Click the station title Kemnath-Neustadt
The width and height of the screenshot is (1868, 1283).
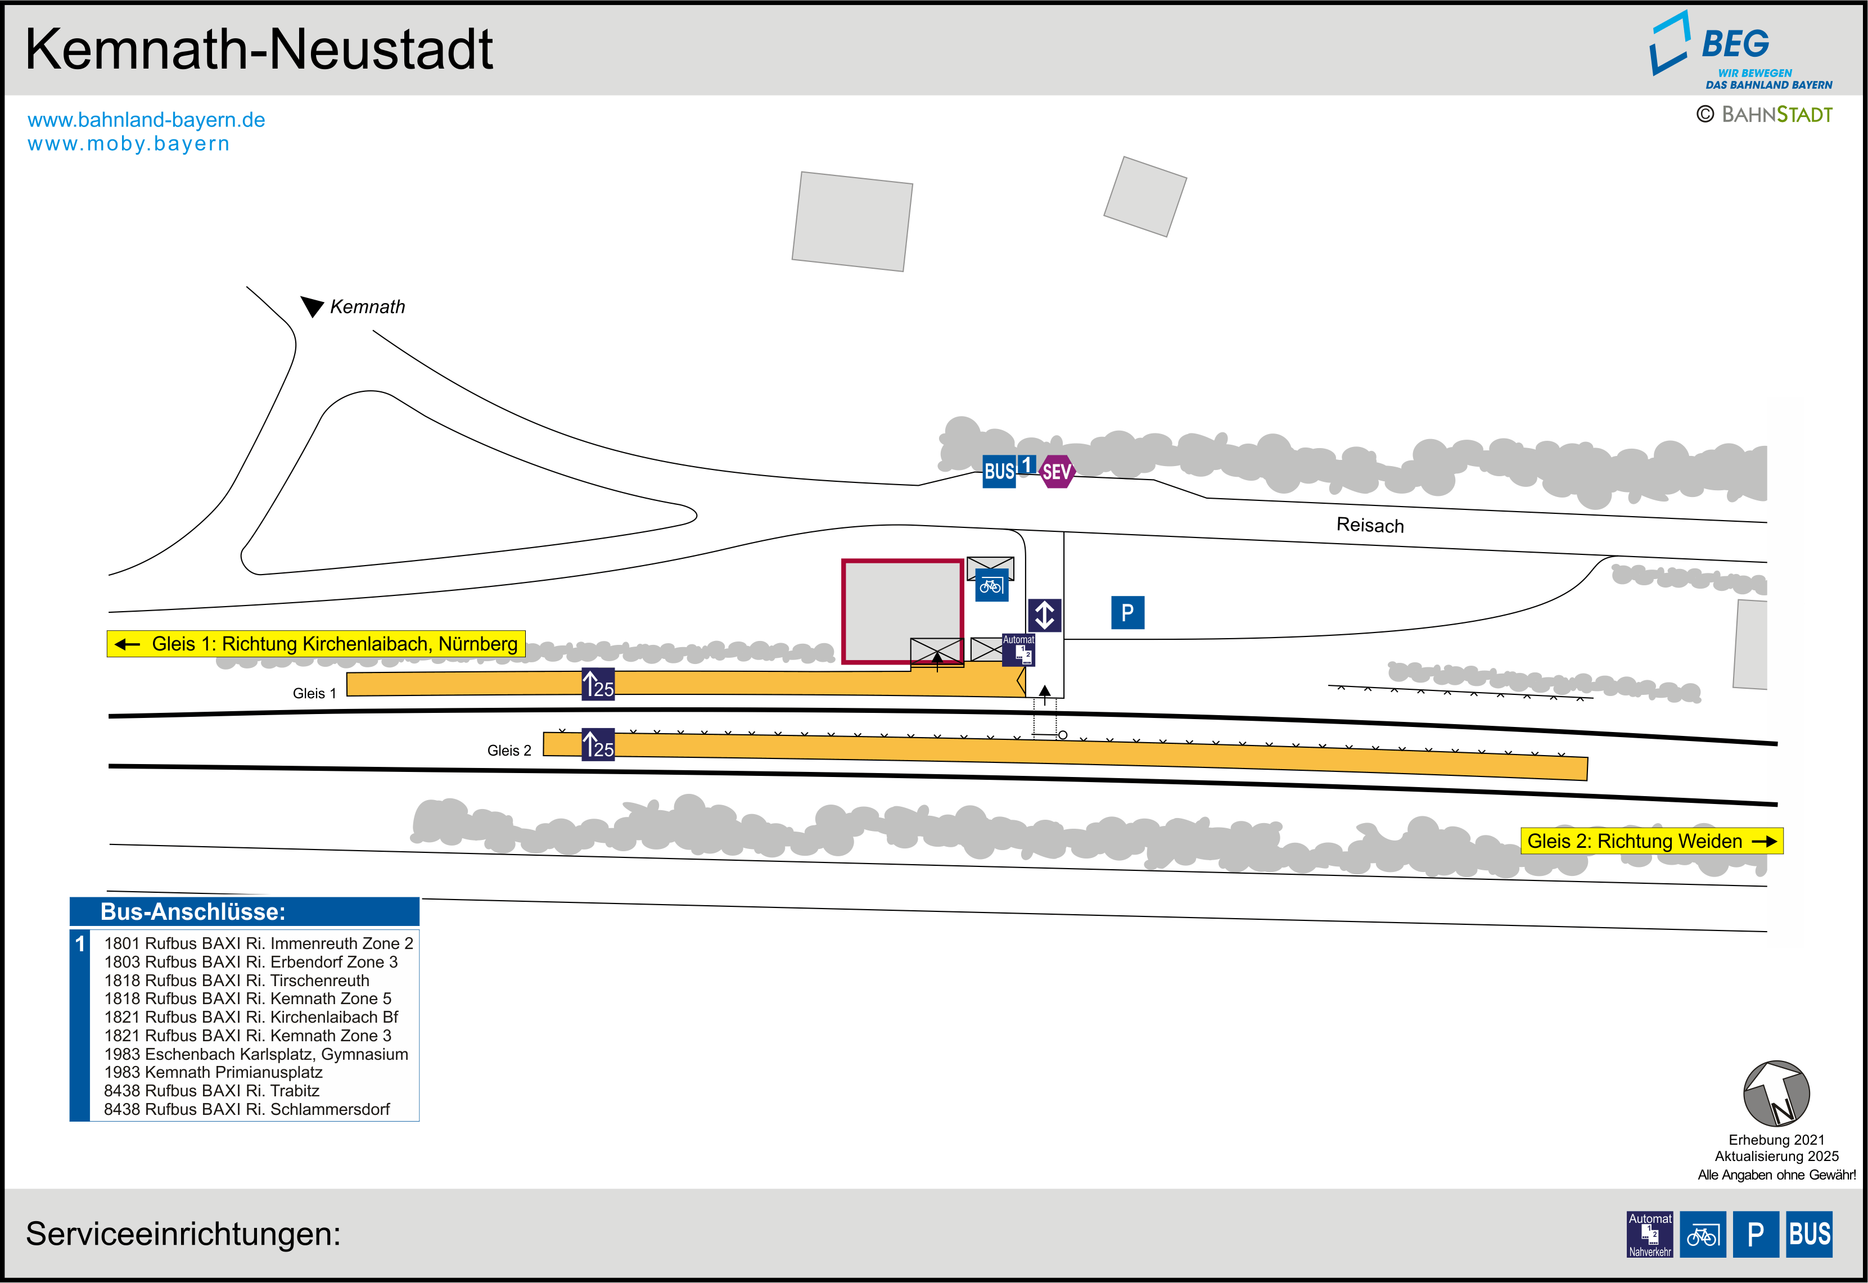[259, 50]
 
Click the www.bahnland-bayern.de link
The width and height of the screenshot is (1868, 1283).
[146, 120]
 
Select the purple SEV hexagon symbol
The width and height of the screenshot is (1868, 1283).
[1056, 472]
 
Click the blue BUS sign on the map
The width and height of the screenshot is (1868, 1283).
[999, 471]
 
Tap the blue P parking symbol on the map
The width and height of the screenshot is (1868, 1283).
[1127, 613]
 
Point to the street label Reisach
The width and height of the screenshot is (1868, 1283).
[1370, 525]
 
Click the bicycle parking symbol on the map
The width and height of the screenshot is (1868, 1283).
[991, 586]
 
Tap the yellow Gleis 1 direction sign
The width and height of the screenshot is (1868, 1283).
[317, 644]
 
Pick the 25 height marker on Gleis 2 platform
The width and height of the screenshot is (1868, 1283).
[598, 744]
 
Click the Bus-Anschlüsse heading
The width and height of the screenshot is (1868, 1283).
[193, 911]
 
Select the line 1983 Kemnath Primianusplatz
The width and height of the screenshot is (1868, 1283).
[213, 1072]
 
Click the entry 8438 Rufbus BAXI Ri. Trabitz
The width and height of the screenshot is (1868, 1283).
[211, 1091]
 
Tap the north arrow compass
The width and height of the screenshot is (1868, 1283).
[1776, 1094]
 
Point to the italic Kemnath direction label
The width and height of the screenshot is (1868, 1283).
[367, 307]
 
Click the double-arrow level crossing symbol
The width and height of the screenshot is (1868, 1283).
[1044, 615]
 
